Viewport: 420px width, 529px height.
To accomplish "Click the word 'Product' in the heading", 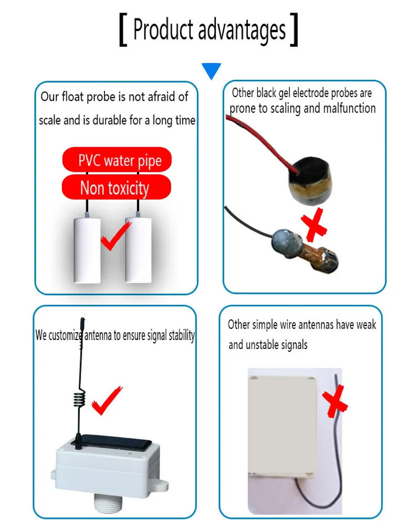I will [x=162, y=29].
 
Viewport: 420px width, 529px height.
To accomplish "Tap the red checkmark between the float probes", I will [x=115, y=236].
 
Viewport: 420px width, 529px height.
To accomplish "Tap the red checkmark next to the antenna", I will [x=107, y=401].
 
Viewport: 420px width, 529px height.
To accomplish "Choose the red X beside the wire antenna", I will [x=334, y=401].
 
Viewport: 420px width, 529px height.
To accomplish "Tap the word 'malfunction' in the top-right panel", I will [x=350, y=109].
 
